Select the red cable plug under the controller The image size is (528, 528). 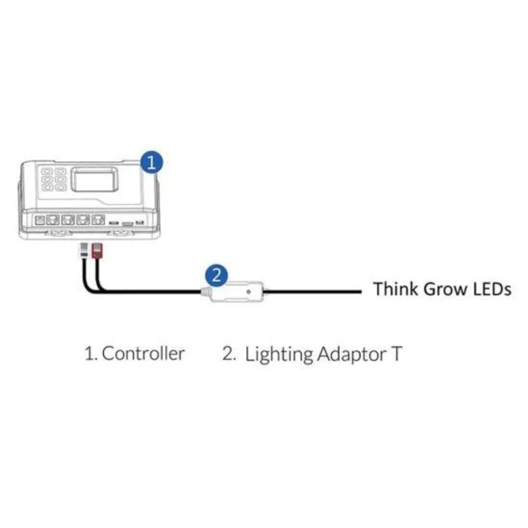pos(96,252)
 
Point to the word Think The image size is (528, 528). pos(395,289)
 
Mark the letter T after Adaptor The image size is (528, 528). pos(394,354)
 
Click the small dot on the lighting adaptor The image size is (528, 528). pos(249,291)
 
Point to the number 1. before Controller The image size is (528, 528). pos(91,354)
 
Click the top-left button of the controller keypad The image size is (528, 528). pos(46,171)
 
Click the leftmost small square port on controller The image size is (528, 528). pos(39,220)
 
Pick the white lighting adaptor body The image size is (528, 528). pos(237,292)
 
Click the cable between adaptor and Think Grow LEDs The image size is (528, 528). pos(315,292)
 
